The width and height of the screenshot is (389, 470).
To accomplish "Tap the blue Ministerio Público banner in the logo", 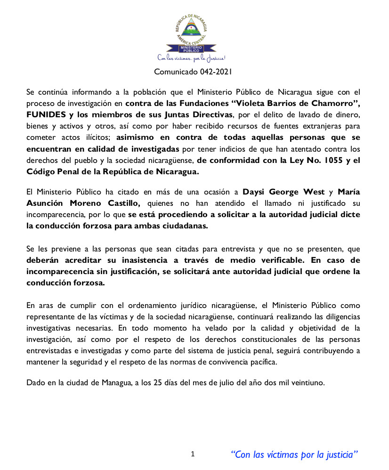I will click(191, 48).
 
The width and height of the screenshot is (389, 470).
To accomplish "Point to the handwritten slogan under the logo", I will click(191, 58).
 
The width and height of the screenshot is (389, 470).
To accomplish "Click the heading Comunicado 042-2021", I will click(193, 72).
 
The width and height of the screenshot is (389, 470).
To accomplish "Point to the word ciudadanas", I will click(186, 226).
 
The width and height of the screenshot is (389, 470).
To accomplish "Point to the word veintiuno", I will click(308, 382).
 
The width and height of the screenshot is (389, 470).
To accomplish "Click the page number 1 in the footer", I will click(193, 454).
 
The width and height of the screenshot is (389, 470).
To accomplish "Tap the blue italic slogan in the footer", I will click(294, 454).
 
